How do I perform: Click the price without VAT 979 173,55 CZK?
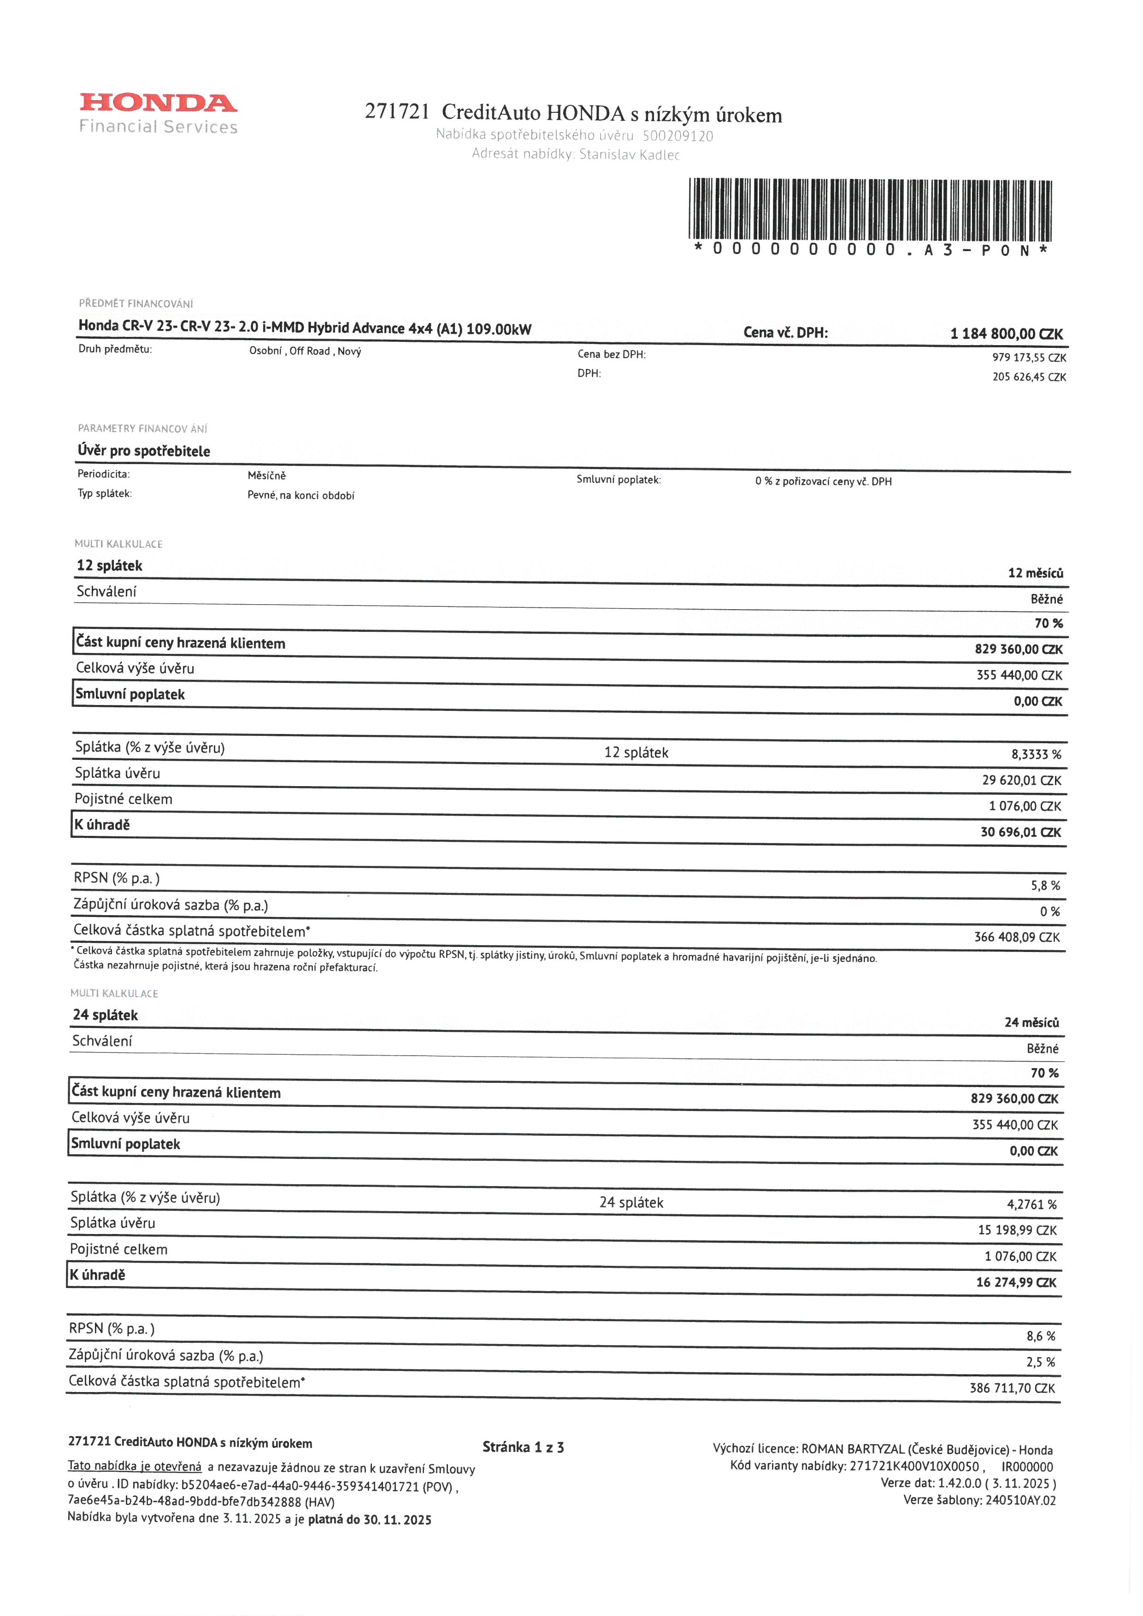click(1029, 358)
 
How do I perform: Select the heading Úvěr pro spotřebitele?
click(144, 451)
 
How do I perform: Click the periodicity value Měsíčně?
click(267, 476)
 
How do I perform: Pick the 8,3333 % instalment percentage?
click(1036, 754)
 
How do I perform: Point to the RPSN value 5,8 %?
click(1045, 886)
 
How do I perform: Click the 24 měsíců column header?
click(1031, 1022)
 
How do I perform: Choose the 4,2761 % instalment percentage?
click(1031, 1204)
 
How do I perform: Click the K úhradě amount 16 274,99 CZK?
click(1016, 1282)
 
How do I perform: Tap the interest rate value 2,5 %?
click(1040, 1362)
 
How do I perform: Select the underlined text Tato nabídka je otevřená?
click(135, 1466)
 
